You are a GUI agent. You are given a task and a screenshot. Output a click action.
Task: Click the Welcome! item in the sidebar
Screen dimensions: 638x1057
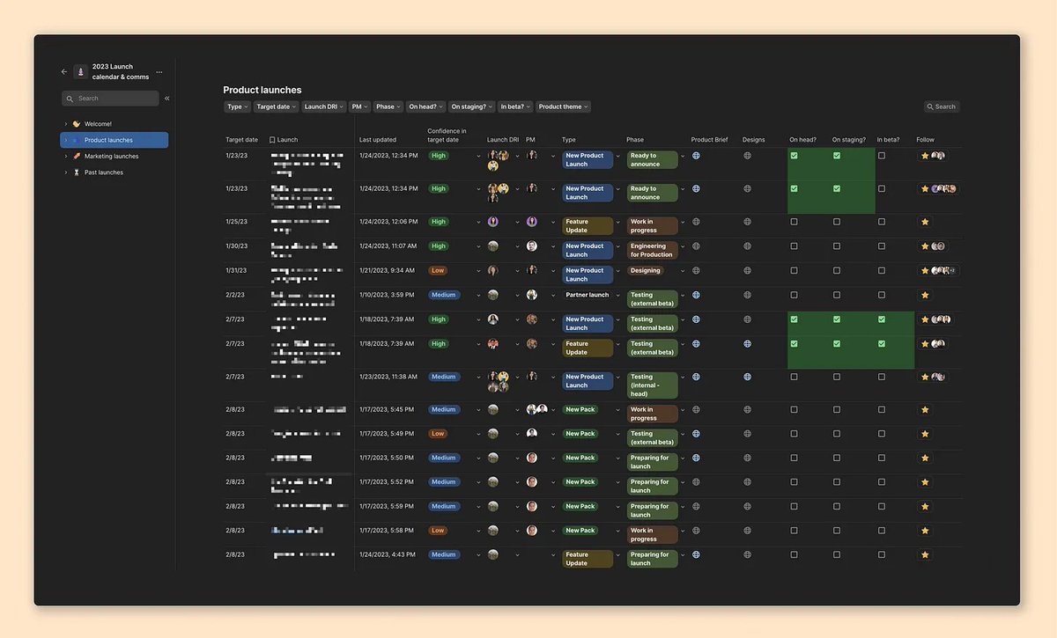[x=98, y=124]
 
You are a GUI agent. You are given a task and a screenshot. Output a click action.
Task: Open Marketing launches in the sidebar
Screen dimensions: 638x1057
[x=111, y=157]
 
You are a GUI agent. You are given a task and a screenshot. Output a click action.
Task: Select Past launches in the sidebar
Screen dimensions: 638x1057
[x=103, y=172]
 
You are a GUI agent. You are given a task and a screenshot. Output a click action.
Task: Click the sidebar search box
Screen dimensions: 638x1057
[x=110, y=99]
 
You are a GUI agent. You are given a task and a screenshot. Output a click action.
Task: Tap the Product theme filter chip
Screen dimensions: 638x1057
[x=563, y=106]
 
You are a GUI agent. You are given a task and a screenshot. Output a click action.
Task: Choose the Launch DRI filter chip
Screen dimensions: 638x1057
[x=323, y=106]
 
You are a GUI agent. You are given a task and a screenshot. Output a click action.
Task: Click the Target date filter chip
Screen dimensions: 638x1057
[x=275, y=106]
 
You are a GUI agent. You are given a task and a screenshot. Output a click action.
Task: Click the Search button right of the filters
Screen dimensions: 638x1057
[x=942, y=106]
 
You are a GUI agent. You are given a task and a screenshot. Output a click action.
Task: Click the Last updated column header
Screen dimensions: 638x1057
[x=378, y=140]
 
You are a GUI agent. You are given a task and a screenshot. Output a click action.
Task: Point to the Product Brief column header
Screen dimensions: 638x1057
[x=709, y=140]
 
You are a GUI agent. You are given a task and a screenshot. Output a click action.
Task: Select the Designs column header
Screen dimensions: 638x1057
[x=753, y=140]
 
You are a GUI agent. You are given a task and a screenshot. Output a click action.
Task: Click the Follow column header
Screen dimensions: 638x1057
[x=925, y=140]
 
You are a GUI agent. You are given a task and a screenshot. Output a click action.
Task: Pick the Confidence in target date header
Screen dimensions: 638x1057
[x=447, y=136]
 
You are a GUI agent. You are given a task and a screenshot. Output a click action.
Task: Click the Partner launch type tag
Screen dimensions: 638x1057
[x=588, y=295]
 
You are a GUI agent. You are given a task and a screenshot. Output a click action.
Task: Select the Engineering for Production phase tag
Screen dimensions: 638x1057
[x=652, y=251]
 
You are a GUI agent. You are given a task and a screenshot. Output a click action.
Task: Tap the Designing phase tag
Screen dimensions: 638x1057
[x=646, y=271]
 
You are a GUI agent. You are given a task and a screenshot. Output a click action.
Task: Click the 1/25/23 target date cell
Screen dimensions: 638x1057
[x=236, y=222]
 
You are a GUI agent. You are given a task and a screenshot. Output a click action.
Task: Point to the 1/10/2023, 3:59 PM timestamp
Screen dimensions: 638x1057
[x=387, y=295]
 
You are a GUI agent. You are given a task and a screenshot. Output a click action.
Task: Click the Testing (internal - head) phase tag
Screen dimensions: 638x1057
[x=652, y=385]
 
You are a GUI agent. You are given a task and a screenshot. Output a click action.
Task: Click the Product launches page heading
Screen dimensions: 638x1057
[x=262, y=90]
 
